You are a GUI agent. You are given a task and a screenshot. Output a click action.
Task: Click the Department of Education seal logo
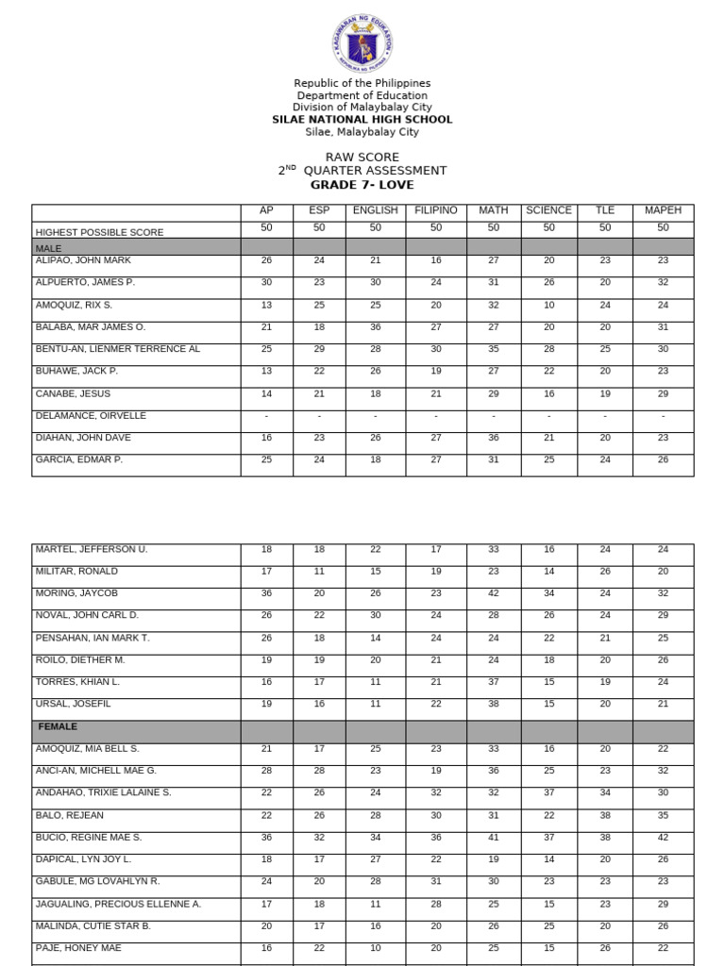[x=362, y=44]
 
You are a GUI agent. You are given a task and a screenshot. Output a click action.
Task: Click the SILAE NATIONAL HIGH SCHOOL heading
[x=362, y=120]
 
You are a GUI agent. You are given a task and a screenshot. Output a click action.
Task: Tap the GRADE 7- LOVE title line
[x=362, y=185]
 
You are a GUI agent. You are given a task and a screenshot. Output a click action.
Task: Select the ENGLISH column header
[x=375, y=210]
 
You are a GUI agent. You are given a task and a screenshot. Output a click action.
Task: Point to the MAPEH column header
[x=663, y=210]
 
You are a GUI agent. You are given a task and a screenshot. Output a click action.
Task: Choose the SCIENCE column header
[x=548, y=210]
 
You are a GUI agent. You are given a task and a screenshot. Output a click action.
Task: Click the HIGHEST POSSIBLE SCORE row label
[x=99, y=232]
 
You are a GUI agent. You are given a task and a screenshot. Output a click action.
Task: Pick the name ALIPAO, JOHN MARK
[x=83, y=260]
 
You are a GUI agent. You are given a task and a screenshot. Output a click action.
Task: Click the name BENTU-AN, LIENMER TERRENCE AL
[x=117, y=349]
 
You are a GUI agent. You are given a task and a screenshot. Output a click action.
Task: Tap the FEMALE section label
[x=58, y=727]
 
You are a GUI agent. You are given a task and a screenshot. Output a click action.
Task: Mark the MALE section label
[x=48, y=247]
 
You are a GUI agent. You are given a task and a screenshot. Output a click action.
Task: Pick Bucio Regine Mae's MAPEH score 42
[x=663, y=837]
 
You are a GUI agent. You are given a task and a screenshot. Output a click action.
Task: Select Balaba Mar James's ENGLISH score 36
[x=375, y=327]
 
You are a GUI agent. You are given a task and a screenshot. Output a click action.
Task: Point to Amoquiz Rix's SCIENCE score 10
[x=548, y=305]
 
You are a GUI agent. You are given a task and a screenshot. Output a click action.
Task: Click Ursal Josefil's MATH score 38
[x=493, y=704]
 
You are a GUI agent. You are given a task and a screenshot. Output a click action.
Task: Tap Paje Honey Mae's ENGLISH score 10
[x=375, y=948]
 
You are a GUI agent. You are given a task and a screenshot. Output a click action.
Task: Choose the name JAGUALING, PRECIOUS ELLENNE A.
[x=118, y=904]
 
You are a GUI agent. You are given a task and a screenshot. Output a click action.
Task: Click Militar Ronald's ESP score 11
[x=319, y=572]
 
